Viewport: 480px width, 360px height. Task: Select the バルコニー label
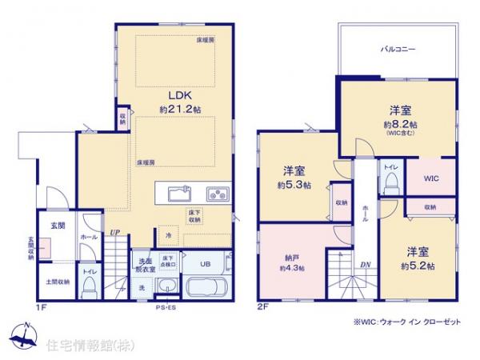pos(397,49)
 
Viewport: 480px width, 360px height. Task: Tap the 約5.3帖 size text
pos(293,185)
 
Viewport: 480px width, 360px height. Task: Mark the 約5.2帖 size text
pos(419,265)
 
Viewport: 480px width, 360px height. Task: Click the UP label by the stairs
pos(115,233)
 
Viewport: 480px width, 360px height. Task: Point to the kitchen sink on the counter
pos(178,193)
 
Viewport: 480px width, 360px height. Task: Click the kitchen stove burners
pos(217,193)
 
